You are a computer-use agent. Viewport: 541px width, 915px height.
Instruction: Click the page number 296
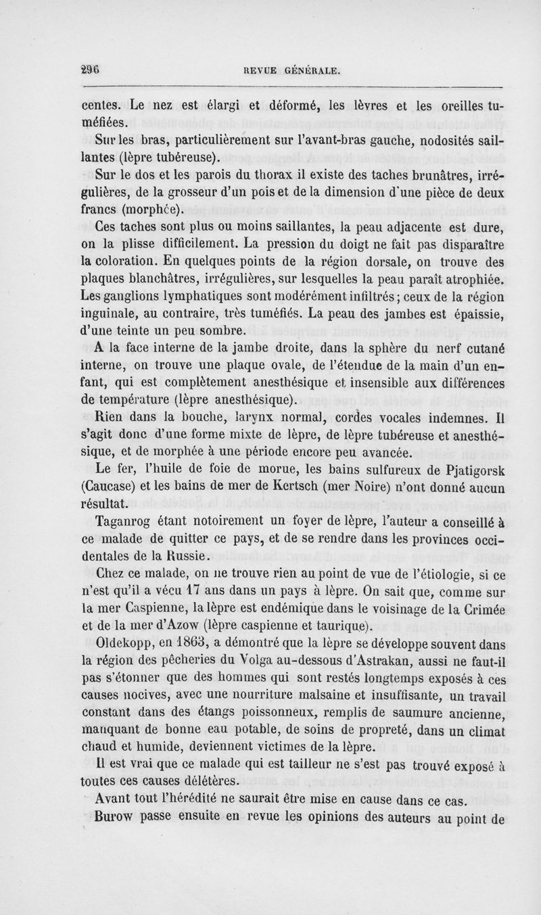point(90,70)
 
